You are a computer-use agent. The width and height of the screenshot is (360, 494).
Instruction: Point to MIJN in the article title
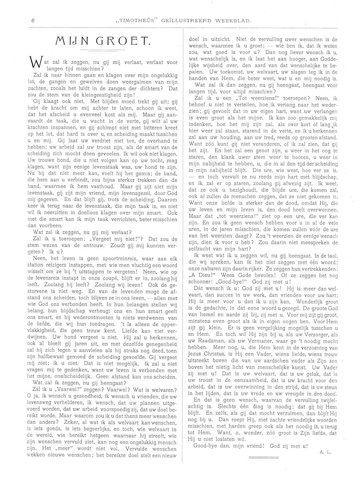pos(72,40)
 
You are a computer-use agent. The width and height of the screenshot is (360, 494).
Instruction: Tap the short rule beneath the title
pos(102,51)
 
